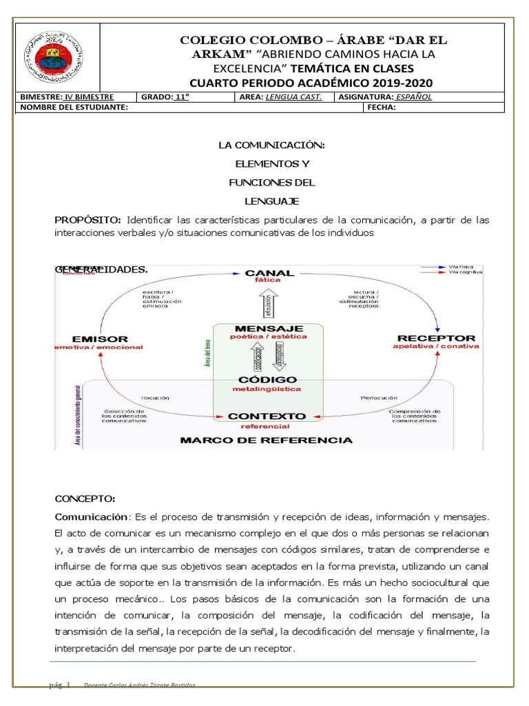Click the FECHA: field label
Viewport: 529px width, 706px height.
tap(382, 108)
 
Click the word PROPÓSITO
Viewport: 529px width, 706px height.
tap(87, 220)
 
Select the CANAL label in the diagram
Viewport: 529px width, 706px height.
tap(269, 274)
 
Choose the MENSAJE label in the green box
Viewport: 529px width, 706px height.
tap(269, 327)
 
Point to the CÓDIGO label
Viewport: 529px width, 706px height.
tap(267, 380)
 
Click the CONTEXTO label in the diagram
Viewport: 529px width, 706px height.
tap(267, 416)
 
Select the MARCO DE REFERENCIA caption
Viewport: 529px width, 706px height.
tap(266, 440)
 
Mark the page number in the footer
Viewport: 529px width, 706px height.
tap(61, 685)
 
